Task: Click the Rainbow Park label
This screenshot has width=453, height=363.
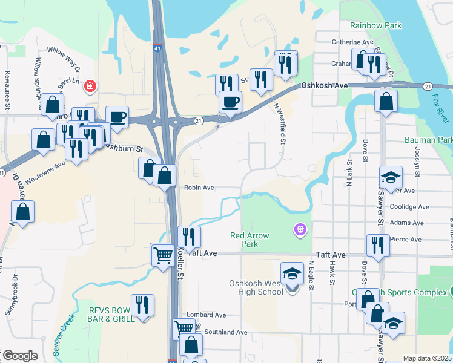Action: tap(375, 25)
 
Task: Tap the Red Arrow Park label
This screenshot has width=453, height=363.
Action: tap(250, 240)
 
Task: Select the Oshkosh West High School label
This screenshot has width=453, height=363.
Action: tap(256, 287)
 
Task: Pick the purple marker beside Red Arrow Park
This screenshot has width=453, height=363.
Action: tap(300, 229)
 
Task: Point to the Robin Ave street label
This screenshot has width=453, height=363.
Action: tap(199, 188)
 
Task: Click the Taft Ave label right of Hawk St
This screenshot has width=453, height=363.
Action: tap(329, 255)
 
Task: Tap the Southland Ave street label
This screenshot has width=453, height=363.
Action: tap(225, 332)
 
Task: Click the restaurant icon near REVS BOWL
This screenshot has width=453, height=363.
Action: tap(142, 305)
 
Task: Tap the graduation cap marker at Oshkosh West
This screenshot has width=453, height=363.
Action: tap(292, 273)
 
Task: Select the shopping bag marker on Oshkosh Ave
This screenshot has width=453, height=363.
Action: tap(386, 100)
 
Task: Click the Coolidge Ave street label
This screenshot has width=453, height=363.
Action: tap(409, 206)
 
